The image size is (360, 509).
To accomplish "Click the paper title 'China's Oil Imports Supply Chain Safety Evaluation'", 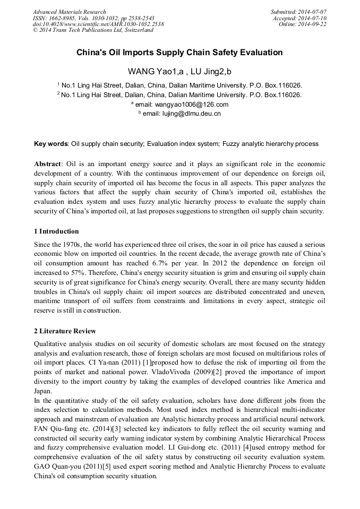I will click(x=179, y=53).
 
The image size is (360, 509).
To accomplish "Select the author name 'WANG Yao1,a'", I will click(x=151, y=71).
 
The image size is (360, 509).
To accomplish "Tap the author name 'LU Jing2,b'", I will click(x=211, y=71).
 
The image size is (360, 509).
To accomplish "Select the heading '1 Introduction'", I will click(x=56, y=231).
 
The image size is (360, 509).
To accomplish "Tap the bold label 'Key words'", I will click(x=50, y=143).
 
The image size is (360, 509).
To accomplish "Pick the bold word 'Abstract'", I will click(x=47, y=164).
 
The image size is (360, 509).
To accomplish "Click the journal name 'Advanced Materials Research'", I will click(x=69, y=12).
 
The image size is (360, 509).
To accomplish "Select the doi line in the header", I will click(x=98, y=24).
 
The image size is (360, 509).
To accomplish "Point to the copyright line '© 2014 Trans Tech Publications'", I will click(x=93, y=30).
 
